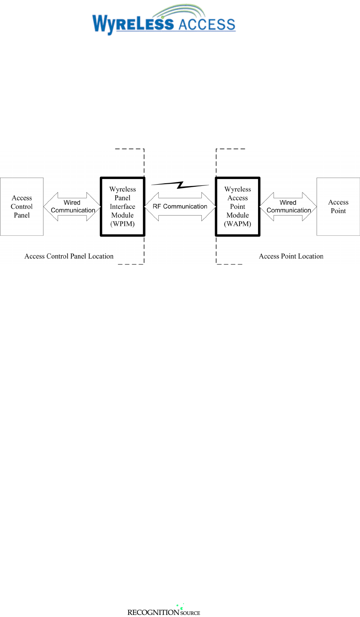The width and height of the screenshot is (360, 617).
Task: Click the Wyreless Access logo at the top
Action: pyautogui.click(x=164, y=20)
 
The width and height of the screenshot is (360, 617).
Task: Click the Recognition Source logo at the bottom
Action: pyautogui.click(x=163, y=610)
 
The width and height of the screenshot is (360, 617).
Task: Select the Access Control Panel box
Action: pyautogui.click(x=22, y=207)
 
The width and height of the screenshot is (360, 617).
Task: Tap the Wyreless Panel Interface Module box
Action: pyautogui.click(x=123, y=207)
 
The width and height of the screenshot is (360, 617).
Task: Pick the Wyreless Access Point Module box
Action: pyautogui.click(x=238, y=207)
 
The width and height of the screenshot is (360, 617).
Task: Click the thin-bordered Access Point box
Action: pyautogui.click(x=338, y=207)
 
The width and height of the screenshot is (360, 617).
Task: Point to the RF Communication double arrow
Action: pyautogui.click(x=180, y=207)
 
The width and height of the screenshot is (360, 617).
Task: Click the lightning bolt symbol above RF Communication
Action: pyautogui.click(x=180, y=185)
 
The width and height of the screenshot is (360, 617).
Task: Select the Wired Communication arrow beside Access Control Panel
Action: pyautogui.click(x=72, y=207)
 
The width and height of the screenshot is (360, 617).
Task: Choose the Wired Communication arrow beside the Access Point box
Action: pyautogui.click(x=288, y=207)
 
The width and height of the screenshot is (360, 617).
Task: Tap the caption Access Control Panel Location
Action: pyautogui.click(x=69, y=256)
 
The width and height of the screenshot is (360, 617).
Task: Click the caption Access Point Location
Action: pyautogui.click(x=291, y=256)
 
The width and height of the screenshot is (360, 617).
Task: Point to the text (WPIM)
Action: pyautogui.click(x=123, y=224)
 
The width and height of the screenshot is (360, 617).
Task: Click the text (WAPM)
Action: pyautogui.click(x=238, y=224)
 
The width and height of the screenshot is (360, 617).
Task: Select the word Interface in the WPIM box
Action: pyautogui.click(x=123, y=206)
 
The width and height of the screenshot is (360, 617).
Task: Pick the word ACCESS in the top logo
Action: pyautogui.click(x=207, y=24)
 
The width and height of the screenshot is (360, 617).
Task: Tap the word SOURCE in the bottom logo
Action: pyautogui.click(x=191, y=613)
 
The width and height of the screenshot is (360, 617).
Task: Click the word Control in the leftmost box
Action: pyautogui.click(x=22, y=206)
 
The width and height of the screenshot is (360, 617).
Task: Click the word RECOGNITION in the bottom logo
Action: pyautogui.click(x=153, y=612)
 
